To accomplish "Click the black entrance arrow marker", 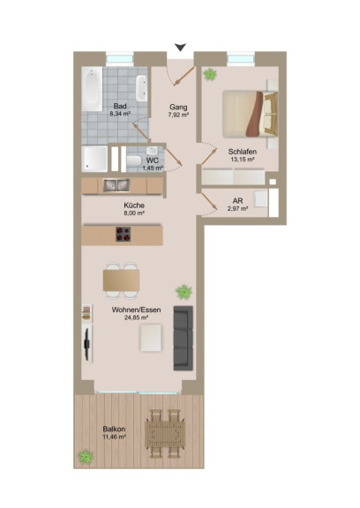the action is (x=180, y=48).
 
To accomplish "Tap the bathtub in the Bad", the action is (x=92, y=89).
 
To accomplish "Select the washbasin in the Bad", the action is (x=141, y=88).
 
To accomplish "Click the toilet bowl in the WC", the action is (x=134, y=161).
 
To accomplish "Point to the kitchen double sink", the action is (x=116, y=185).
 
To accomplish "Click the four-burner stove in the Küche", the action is (x=124, y=234).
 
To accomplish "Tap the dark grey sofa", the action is (x=183, y=338).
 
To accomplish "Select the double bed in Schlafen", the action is (x=250, y=114).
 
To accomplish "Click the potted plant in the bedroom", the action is (x=210, y=75).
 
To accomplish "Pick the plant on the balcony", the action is (x=86, y=457).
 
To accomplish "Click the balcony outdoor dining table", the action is (x=165, y=434).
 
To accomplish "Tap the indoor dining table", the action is (x=121, y=280).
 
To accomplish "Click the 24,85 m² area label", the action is (x=136, y=317).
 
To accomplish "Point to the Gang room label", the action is (x=178, y=108).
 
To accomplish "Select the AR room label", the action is (x=237, y=201).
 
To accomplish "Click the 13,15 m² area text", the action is (x=243, y=160).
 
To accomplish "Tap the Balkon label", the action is (x=114, y=429).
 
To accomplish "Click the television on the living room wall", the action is (x=86, y=344).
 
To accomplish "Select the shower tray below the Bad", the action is (x=94, y=159).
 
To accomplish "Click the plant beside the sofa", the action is (x=184, y=291).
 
